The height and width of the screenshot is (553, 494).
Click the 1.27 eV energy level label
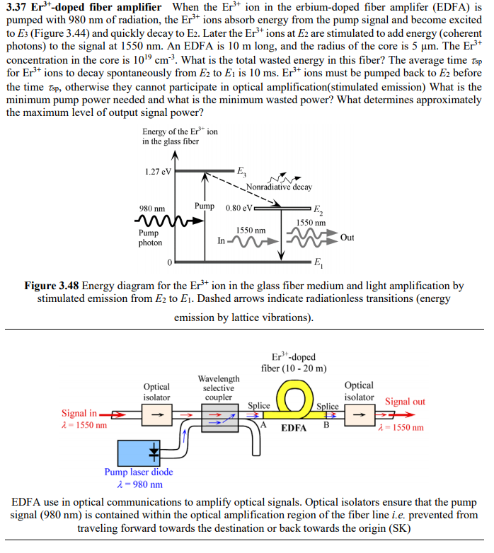coord(157,171)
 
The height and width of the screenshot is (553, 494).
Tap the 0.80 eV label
coord(238,208)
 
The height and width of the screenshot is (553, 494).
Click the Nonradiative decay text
coord(279,187)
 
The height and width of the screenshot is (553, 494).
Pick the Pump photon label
coord(150,238)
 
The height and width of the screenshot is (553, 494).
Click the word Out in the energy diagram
coord(347,238)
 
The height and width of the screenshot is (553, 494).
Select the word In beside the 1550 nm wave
coord(222,240)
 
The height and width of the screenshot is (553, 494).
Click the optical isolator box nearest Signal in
coord(156,415)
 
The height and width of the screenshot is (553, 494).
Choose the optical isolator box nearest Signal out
coord(358,415)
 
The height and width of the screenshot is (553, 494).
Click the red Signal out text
coord(405,402)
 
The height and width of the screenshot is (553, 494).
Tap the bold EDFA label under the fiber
coord(293,429)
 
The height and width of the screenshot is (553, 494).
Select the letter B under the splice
coord(326,426)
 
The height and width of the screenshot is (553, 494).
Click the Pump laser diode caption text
coord(139,472)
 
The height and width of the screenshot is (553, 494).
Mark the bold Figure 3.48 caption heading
coord(52,286)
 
